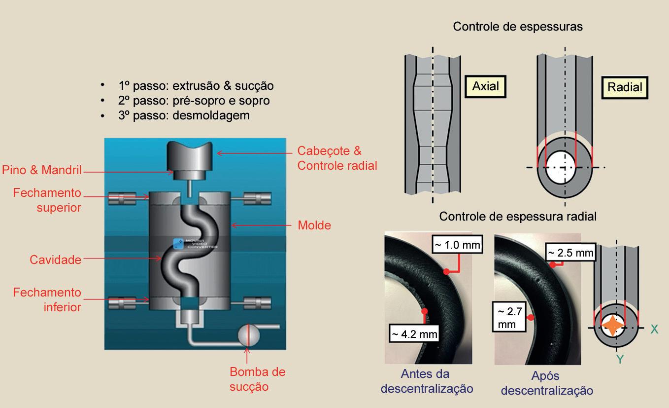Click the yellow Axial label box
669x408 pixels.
pos(485,86)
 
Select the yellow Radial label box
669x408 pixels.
pos(625,87)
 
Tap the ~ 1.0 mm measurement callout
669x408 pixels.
pos(456,245)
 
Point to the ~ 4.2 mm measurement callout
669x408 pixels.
pos(414,334)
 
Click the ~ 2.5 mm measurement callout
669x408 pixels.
pos(570,253)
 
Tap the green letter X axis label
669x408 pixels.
pos(654,329)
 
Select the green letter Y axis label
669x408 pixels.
pos(620,360)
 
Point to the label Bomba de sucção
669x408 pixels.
pos(257,379)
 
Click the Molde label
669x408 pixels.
pos(314,225)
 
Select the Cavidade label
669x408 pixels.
pos(55,260)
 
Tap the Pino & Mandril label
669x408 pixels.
pos(42,171)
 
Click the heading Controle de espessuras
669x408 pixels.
pos(518,27)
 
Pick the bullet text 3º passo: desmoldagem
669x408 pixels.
pos(184,115)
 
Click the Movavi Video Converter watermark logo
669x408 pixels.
pos(178,243)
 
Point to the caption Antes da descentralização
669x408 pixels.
pos(427,381)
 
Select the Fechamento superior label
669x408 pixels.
pos(47,199)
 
